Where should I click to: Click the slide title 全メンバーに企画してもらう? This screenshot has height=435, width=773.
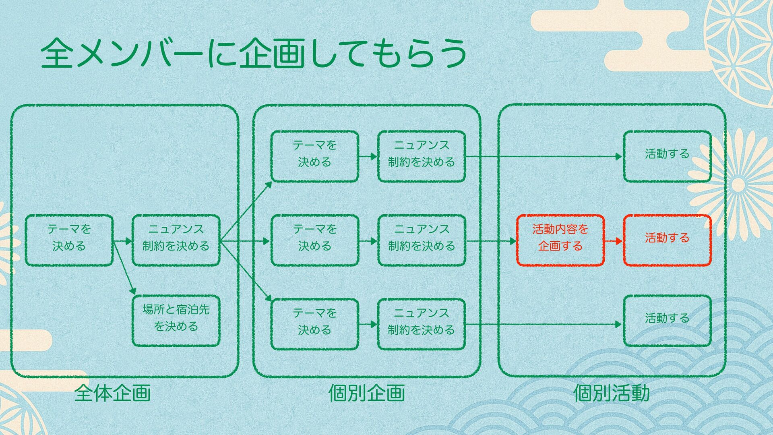(x=254, y=54)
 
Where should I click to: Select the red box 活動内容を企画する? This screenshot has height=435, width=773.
(x=560, y=240)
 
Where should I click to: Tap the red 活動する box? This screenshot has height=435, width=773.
(x=667, y=240)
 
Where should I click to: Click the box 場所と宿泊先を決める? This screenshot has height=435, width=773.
(x=176, y=321)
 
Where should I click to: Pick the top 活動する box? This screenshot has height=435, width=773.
(x=667, y=156)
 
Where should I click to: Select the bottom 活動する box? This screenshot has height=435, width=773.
(x=667, y=321)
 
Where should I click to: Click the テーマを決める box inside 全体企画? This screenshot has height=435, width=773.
(x=69, y=240)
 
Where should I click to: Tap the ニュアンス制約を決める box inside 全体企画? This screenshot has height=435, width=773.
(x=176, y=240)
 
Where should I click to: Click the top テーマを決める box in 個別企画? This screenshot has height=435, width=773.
(x=314, y=156)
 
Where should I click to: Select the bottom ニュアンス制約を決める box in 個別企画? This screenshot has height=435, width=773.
(x=422, y=324)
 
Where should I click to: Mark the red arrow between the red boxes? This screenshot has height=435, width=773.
(x=614, y=241)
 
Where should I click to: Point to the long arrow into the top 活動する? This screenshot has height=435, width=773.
(x=544, y=156)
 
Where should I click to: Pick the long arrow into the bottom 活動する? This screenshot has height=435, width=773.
(x=544, y=324)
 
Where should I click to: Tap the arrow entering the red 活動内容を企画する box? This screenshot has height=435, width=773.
(x=491, y=241)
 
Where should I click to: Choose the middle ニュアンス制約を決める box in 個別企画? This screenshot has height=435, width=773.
(x=422, y=240)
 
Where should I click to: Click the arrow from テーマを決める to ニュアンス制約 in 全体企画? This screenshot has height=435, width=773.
(x=123, y=241)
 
